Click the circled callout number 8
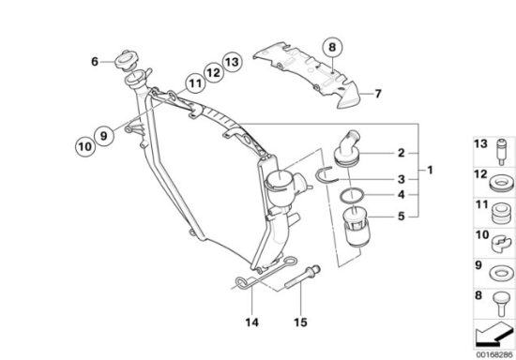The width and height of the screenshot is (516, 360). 332,47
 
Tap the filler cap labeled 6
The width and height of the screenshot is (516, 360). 124,61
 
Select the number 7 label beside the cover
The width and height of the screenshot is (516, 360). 377,94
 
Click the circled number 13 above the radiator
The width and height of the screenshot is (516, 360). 233,62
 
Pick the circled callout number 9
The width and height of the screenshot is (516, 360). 103,135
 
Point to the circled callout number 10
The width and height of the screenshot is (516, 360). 85,146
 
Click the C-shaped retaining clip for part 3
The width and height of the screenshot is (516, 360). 326,174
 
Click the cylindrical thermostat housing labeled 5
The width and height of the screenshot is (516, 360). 357,228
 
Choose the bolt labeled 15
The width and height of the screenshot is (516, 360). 302,277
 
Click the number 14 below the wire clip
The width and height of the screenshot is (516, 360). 251,322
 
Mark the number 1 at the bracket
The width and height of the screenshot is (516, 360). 430,170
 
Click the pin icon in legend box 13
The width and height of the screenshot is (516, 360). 502,152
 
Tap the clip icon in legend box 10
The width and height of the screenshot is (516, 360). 502,245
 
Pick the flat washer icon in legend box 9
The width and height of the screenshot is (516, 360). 501,274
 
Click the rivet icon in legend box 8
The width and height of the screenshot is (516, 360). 501,304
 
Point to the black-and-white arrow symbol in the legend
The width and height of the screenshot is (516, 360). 494,334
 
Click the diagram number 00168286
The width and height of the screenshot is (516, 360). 494,354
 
